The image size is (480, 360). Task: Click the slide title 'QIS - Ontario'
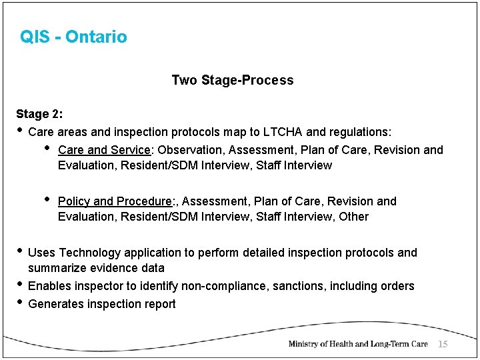click(73, 37)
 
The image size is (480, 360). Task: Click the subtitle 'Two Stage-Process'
click(232, 80)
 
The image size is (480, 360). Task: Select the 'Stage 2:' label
click(39, 114)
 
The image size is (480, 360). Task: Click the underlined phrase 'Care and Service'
click(104, 150)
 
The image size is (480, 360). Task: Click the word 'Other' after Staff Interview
click(353, 217)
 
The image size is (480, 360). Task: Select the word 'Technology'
click(90, 253)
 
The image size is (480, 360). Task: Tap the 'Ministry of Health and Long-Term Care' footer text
click(357, 344)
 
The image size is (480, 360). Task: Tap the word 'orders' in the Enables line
click(397, 286)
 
